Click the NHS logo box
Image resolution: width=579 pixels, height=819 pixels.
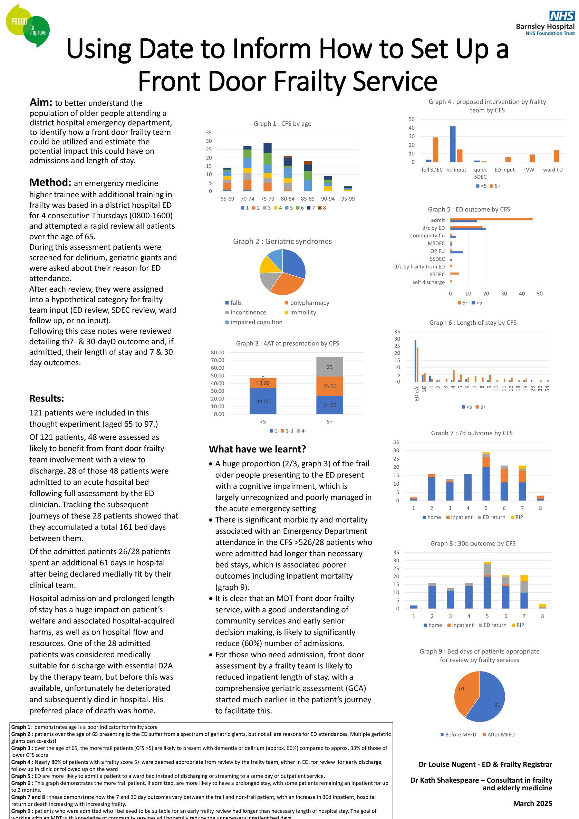pos(561,16)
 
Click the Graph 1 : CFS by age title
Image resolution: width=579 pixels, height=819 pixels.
pos(282,123)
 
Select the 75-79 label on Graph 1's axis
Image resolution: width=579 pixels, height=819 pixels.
pos(267,199)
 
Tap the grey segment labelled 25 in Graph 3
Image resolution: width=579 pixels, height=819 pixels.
pos(329,367)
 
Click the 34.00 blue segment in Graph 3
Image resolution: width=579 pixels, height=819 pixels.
pos(263,401)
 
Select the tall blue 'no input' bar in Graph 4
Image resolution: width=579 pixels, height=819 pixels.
pos(452,144)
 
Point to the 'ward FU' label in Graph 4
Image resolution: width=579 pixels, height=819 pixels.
pos(553,170)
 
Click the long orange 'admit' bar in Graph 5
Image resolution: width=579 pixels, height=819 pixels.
pos(491,219)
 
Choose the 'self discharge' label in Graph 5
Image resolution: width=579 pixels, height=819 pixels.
pos(428,282)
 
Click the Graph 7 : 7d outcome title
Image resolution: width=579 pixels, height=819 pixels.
pos(471,433)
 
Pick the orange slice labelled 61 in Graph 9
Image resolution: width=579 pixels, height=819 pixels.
pos(465,691)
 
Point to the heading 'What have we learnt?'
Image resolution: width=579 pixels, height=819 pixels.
pos(257,449)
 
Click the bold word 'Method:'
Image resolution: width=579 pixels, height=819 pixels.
pos(50,182)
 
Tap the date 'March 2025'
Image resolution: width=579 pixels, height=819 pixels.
pos(532,803)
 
